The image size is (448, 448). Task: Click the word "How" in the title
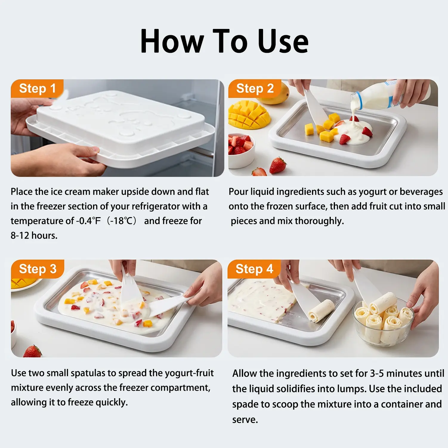[x=172, y=41]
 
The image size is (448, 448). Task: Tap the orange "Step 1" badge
[x=37, y=89]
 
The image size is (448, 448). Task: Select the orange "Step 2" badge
[x=255, y=89]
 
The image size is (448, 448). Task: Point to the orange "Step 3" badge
[x=38, y=269]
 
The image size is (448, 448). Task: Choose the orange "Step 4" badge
[x=254, y=269]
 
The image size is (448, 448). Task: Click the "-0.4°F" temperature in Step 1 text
[x=88, y=221]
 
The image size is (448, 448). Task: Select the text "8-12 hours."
[x=34, y=236]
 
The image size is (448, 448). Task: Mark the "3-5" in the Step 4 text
[x=377, y=373]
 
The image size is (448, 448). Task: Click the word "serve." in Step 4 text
[x=245, y=420]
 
